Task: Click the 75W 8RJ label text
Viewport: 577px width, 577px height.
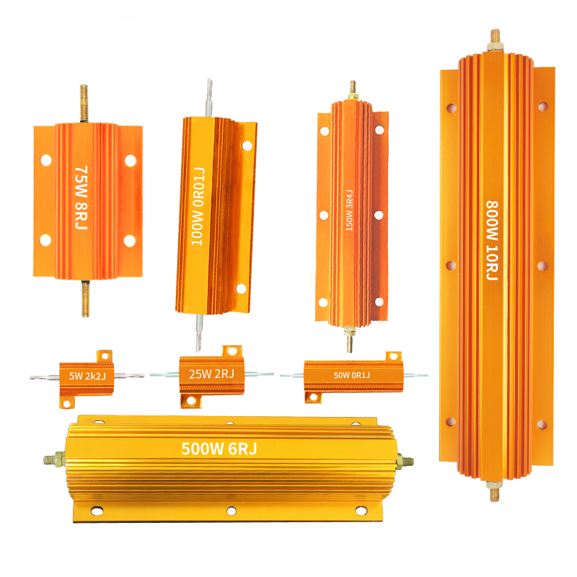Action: pos(82,198)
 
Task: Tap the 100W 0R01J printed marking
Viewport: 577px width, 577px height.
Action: pos(198,206)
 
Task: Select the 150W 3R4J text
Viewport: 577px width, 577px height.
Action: pos(349,211)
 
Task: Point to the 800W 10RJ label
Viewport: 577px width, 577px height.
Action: pos(492,240)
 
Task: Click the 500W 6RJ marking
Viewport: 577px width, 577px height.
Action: pos(219,449)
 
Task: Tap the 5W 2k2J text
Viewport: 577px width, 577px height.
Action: pos(87,376)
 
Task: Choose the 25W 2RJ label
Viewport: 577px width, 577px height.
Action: pos(211,374)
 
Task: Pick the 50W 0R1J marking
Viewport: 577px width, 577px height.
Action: pos(352,375)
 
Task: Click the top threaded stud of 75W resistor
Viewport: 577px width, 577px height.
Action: pos(84,104)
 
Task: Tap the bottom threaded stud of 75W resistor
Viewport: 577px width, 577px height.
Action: pos(85,299)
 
